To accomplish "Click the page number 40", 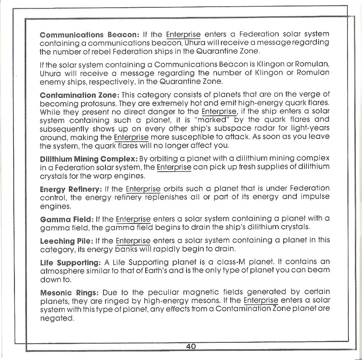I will tap(191, 347).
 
